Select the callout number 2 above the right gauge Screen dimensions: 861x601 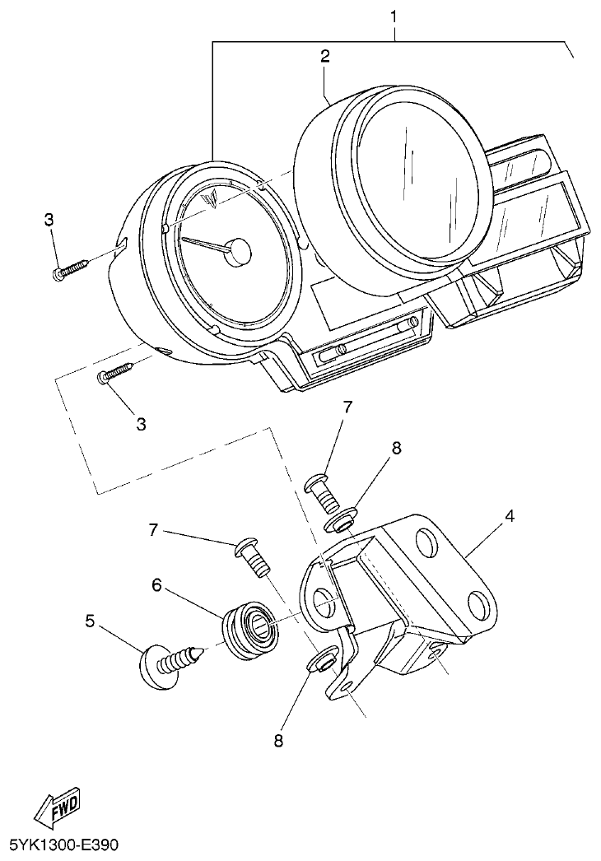tap(325, 56)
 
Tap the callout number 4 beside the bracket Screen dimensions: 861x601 tap(510, 516)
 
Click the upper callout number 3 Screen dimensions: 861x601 tap(49, 220)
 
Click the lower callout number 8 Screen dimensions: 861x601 tap(277, 740)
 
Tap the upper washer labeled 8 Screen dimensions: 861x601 tap(342, 520)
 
